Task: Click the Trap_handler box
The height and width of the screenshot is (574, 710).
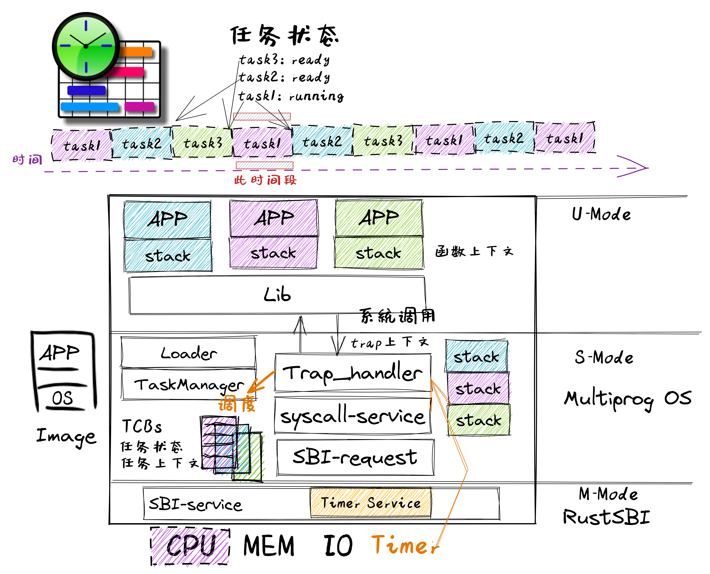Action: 353,373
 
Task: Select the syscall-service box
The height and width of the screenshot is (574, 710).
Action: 353,416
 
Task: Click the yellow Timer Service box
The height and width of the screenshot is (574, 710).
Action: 370,503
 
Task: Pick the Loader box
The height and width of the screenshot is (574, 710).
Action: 189,352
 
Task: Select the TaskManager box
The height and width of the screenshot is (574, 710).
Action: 189,384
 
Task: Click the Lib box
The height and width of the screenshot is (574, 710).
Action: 277,295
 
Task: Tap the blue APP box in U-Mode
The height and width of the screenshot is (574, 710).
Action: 167,219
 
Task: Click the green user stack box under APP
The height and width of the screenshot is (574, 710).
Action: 379,253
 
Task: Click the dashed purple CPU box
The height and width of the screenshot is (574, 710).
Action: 190,546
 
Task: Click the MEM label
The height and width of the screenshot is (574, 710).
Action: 269,546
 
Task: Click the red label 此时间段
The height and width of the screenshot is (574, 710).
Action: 265,180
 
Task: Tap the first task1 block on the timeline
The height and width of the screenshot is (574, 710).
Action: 82,145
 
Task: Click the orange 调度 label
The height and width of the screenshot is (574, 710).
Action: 237,404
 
